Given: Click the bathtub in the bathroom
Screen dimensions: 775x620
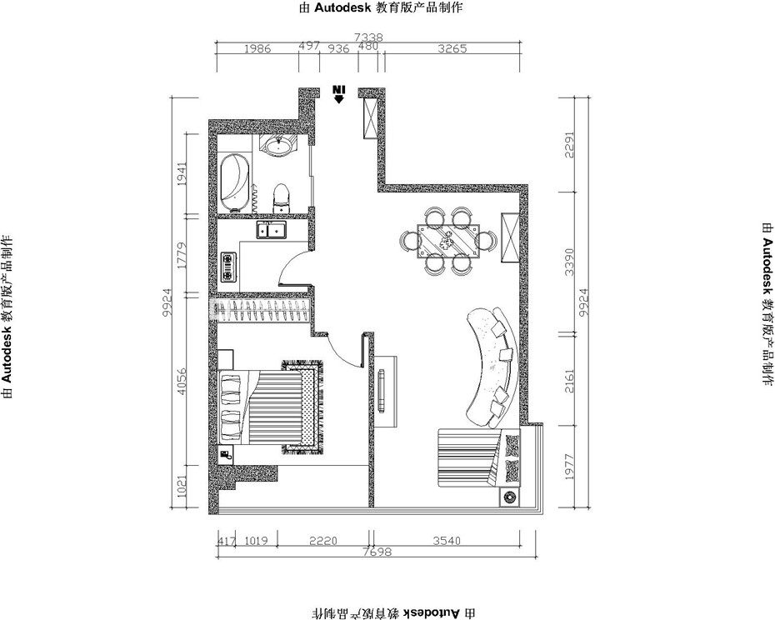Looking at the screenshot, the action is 235,182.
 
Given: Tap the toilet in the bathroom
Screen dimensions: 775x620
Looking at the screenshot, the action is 281,198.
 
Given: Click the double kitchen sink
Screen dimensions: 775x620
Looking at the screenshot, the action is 271,230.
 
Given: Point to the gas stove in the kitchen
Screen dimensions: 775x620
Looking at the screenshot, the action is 228,267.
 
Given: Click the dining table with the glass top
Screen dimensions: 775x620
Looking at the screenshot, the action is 448,241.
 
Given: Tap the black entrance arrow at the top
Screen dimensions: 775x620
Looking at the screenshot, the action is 338,94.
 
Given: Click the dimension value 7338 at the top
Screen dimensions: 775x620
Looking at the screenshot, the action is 368,37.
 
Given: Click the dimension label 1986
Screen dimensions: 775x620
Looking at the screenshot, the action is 257,48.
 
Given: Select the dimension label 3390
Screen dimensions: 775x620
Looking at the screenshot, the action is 570,262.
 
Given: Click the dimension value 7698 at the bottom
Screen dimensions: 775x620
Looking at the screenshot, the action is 377,552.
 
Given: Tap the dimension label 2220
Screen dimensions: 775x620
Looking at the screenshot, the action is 322,540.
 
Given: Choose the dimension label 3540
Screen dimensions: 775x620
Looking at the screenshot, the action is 447,540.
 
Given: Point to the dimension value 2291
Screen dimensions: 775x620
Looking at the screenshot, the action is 570,144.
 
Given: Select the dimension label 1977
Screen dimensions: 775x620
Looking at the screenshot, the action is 570,466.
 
